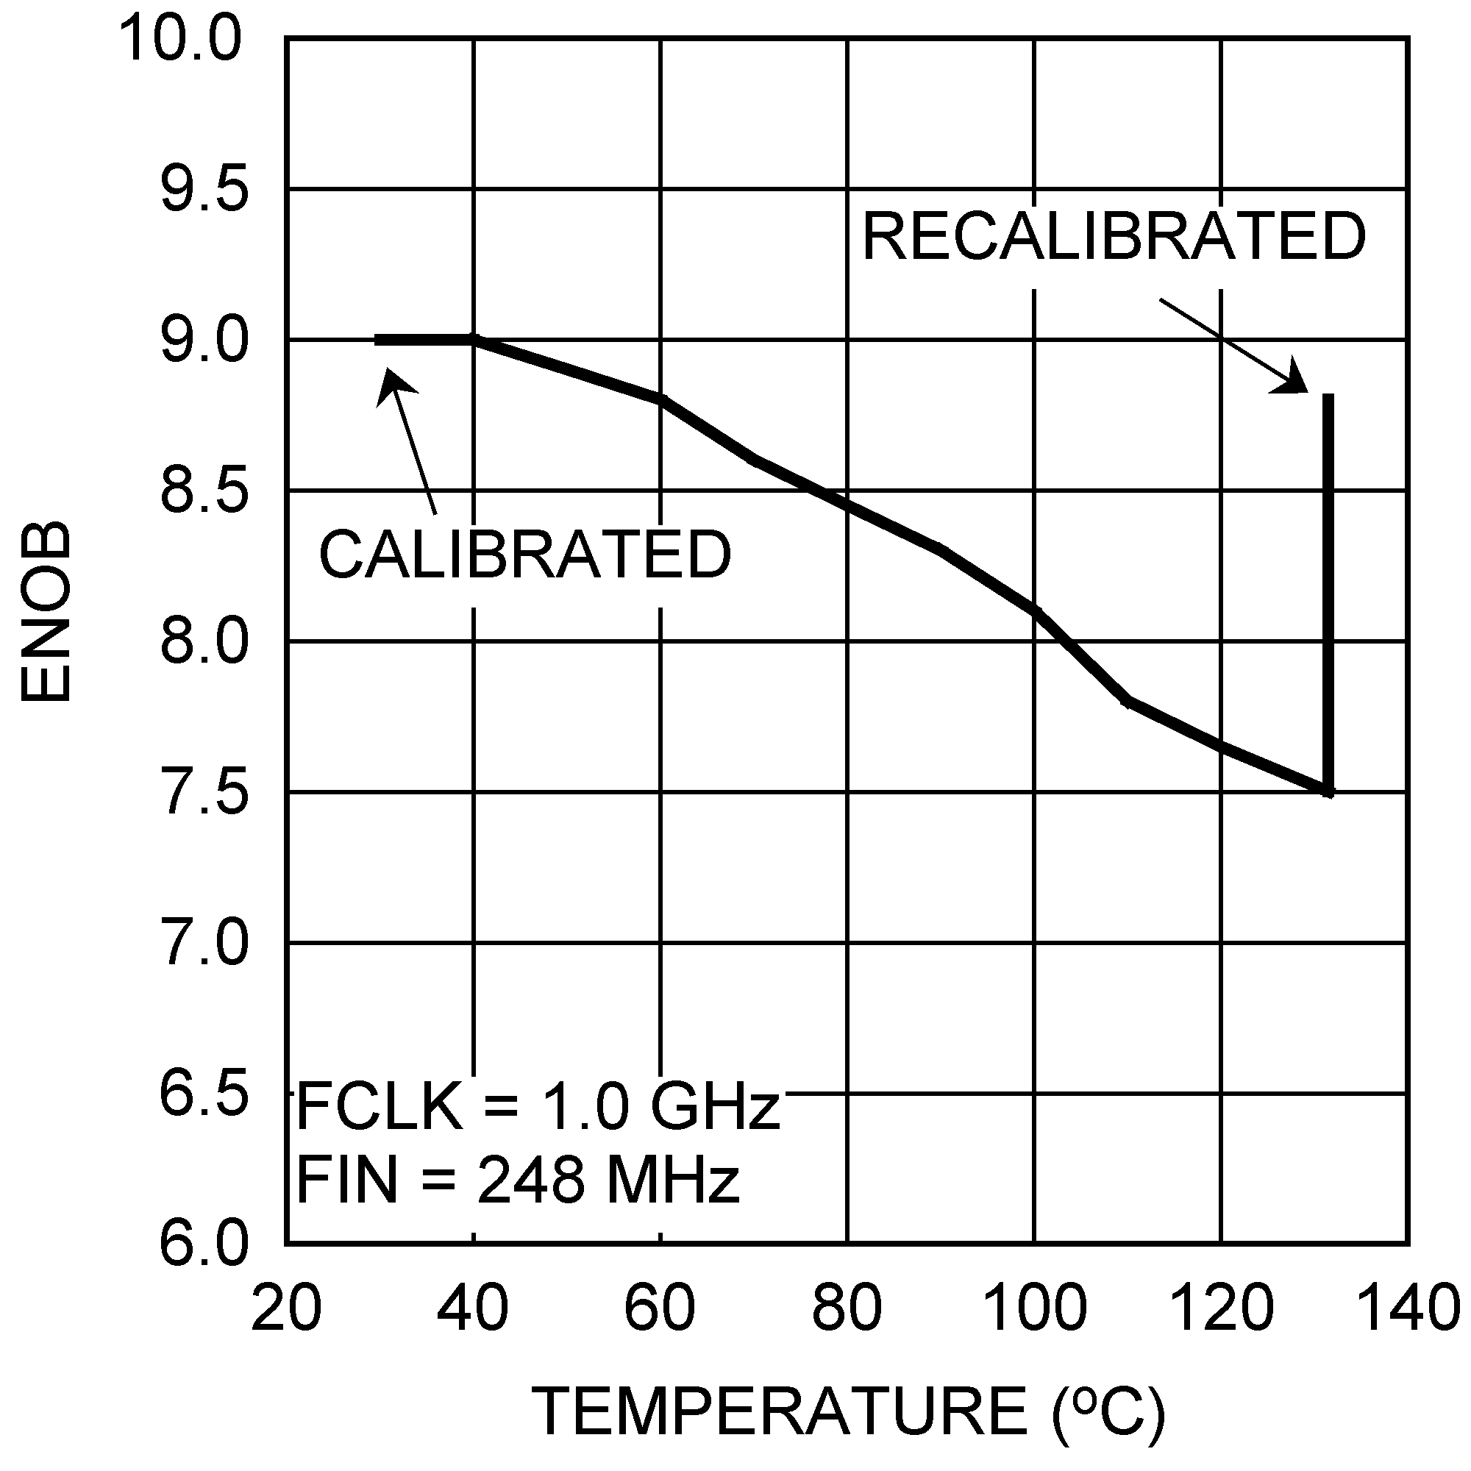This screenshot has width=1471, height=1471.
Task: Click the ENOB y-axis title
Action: coord(46,611)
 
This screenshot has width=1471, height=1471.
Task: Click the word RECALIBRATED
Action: coord(1114,237)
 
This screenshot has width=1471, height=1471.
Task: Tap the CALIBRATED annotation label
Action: coord(524,555)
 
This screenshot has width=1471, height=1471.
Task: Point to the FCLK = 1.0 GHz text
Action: coord(538,1106)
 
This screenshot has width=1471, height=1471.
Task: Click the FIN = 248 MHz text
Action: coord(518,1180)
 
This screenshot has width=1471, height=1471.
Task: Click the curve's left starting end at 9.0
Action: coord(377,340)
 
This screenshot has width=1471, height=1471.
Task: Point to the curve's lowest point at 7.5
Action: coord(1328,792)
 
